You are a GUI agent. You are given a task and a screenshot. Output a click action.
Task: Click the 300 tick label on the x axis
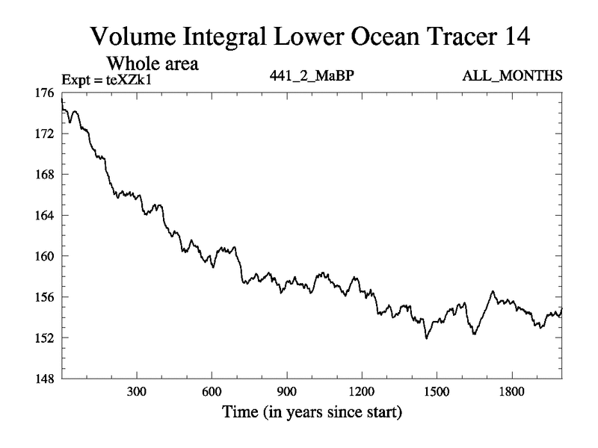[137, 392]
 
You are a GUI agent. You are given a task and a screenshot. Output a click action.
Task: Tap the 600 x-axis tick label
[212, 392]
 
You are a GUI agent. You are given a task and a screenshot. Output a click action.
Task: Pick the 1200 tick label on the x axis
[361, 392]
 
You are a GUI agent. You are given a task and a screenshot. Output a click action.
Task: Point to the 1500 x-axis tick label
[436, 392]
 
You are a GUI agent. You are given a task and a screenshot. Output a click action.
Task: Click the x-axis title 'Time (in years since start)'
[311, 411]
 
